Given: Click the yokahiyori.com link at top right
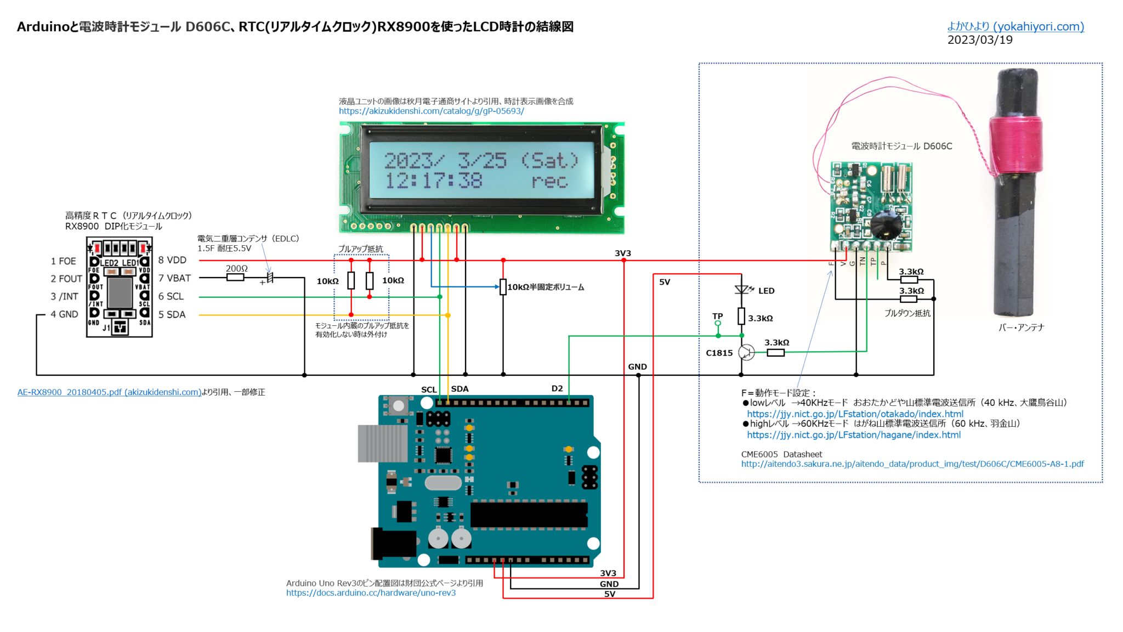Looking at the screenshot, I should pos(1016,26).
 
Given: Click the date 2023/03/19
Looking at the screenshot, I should pos(979,40).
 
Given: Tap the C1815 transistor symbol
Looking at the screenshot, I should pos(746,353).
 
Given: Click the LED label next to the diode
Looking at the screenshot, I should pos(766,291).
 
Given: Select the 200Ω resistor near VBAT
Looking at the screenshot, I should pos(235,278).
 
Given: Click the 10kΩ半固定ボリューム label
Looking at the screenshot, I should pos(546,287).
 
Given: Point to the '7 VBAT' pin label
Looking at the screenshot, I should pos(174,278).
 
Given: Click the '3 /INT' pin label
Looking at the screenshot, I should pos(64,296).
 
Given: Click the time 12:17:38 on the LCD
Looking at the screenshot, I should pos(433,181).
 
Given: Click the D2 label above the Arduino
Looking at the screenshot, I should pos(557,388).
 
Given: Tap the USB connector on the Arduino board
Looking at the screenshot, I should pos(382,443).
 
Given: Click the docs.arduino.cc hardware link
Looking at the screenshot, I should pos(371,593).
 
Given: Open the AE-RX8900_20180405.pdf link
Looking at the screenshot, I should pos(109,392).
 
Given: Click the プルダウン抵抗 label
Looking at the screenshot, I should pos(907,313).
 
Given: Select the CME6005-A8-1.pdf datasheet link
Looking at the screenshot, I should pos(912,464).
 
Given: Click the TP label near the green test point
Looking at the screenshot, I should pos(717,316).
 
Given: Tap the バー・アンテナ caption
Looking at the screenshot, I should pos(1021,328).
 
